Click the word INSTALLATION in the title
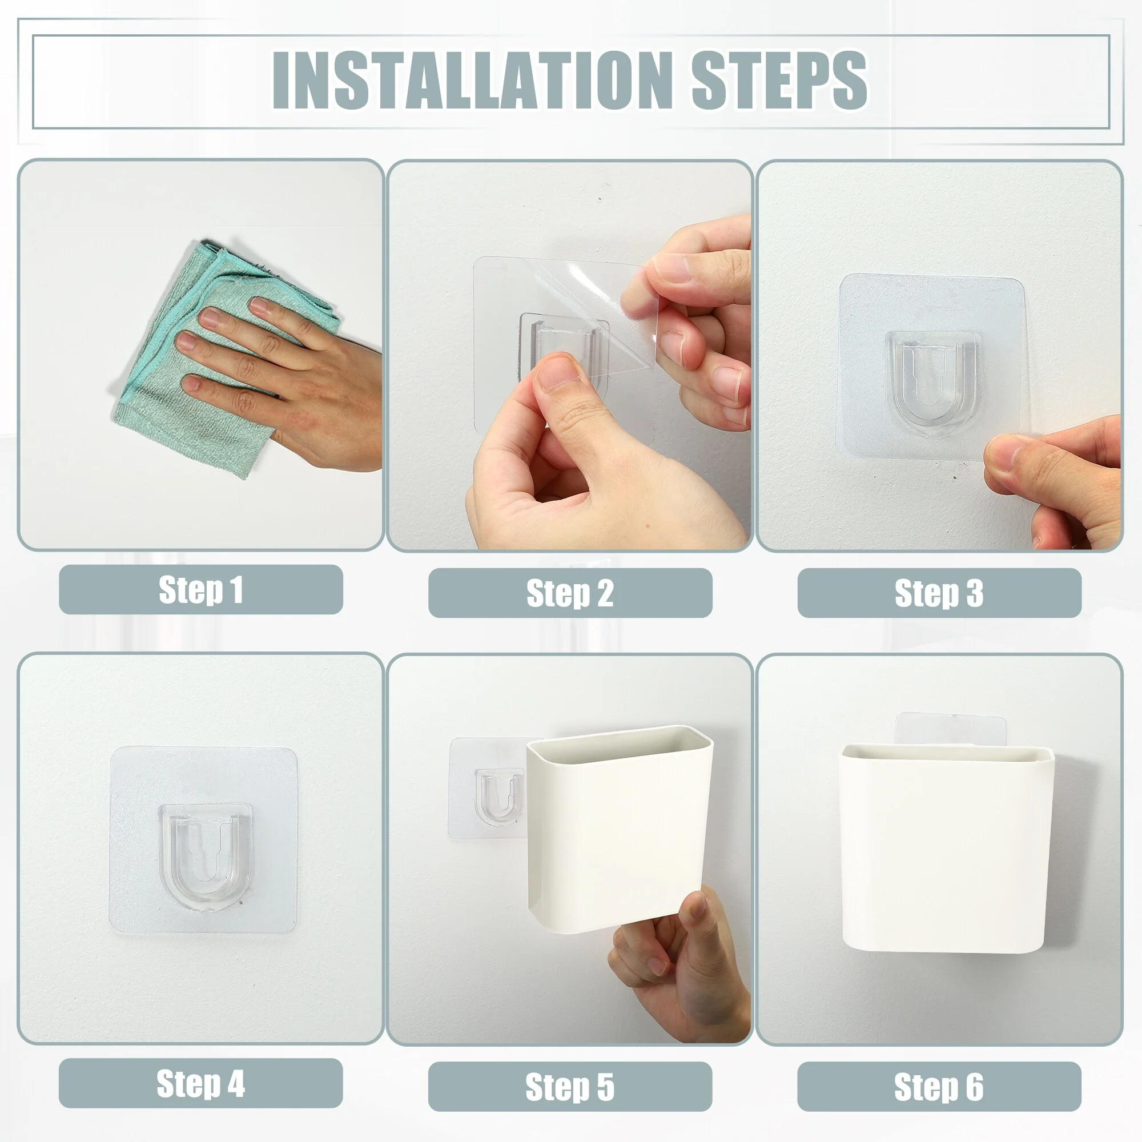click(x=470, y=80)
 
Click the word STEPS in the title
click(x=779, y=80)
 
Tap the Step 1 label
click(x=201, y=589)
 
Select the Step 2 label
click(x=570, y=593)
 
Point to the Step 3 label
click(x=939, y=593)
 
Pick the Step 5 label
click(x=570, y=1087)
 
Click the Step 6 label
click(x=939, y=1087)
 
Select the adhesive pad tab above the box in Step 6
click(x=951, y=729)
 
